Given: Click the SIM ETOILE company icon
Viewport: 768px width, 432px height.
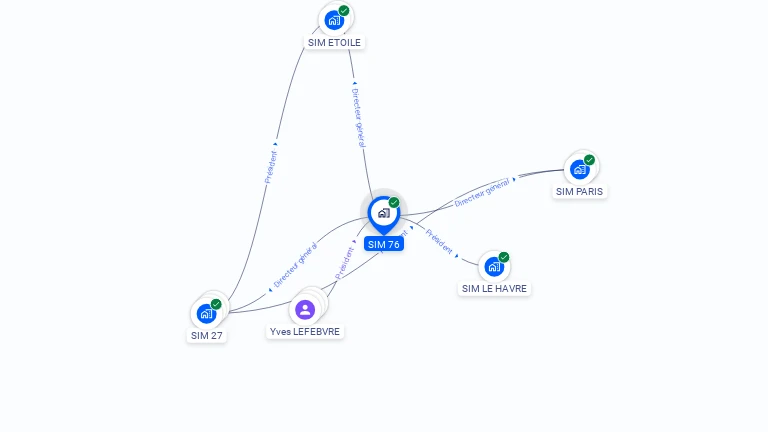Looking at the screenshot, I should pos(334,19).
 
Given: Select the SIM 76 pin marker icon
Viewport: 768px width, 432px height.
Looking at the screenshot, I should pos(383,213).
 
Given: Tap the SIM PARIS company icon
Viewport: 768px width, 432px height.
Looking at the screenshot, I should pos(580,169).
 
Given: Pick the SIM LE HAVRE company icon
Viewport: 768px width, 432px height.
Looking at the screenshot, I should pos(494,267).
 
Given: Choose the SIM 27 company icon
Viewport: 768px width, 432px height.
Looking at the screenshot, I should pos(206,313).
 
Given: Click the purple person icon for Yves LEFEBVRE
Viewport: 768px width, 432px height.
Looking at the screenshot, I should pos(305,310).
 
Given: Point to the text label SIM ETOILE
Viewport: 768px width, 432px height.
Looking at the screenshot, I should pos(334,43).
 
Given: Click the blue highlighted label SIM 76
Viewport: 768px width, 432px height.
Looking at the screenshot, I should pos(383,244).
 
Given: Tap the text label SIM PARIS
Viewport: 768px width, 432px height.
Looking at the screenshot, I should pos(580,191).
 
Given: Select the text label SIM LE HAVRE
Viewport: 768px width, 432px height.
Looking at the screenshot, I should pos(494,289).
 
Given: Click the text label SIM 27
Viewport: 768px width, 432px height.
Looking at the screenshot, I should pos(206,336).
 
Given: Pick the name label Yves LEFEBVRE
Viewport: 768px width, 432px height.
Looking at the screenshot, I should pos(306,332).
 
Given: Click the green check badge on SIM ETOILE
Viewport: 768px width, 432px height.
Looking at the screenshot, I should pos(344,10).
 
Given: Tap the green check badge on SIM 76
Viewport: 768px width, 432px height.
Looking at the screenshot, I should pos(394,202).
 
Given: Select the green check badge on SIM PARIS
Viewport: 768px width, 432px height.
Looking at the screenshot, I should pos(590,160).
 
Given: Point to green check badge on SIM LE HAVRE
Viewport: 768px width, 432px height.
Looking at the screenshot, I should pos(504,257).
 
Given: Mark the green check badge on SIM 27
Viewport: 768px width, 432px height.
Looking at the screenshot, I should pos(216,304).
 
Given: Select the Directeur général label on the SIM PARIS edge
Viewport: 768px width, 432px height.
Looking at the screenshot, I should pos(483,191).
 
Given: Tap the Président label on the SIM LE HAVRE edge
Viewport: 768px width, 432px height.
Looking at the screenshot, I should pos(439,242).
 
